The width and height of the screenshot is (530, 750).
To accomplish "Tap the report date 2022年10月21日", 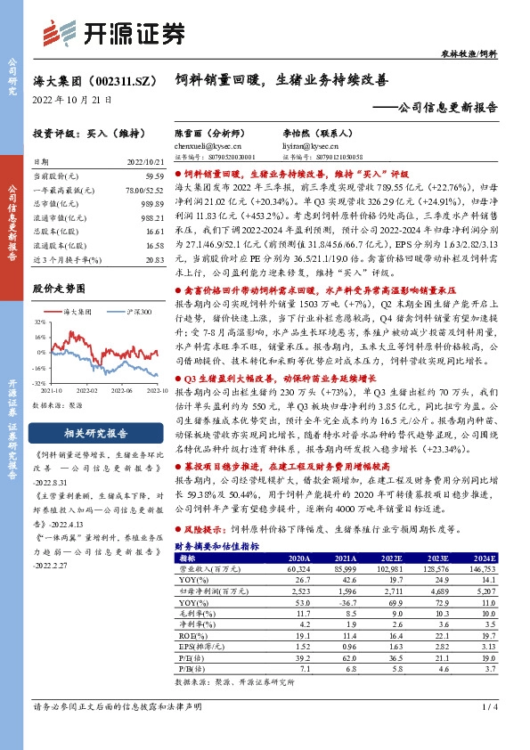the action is coord(67,101).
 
